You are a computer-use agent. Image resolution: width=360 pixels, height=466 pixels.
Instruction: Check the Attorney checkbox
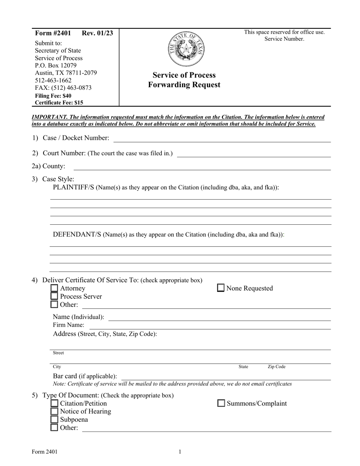point(55,288)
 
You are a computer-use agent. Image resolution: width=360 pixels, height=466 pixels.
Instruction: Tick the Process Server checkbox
point(55,296)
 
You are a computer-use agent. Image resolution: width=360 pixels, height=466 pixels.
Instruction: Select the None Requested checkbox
point(221,288)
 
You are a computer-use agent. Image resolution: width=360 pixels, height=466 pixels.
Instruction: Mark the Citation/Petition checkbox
point(55,403)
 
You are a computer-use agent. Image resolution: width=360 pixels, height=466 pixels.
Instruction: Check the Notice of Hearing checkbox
point(55,411)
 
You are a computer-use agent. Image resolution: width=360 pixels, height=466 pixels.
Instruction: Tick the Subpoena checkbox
point(55,419)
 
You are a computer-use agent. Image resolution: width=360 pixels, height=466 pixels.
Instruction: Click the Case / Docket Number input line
point(222,139)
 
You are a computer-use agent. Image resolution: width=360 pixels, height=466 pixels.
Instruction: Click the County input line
point(202,167)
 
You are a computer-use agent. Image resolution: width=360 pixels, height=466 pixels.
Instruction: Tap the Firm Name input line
point(210,326)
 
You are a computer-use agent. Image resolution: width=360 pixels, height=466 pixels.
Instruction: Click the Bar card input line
point(226,377)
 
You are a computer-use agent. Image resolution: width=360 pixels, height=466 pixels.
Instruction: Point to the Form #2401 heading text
point(53,33)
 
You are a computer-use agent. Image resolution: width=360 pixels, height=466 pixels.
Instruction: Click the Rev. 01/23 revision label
point(97,33)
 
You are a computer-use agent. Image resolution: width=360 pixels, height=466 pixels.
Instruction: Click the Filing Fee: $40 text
point(53,95)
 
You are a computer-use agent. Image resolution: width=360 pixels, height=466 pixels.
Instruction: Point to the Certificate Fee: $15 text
point(59,102)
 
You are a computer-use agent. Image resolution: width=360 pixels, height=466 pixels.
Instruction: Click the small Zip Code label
point(277,367)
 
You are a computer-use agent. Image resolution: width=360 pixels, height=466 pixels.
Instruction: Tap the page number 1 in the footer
point(180,451)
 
